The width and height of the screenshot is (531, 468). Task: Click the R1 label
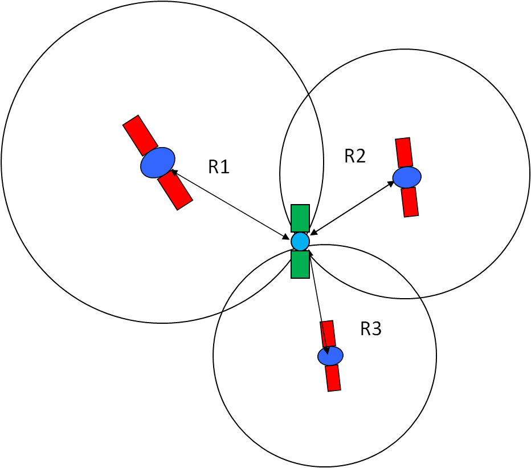[x=219, y=166]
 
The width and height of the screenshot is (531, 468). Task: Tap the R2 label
[x=355, y=156]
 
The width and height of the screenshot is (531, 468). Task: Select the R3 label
[x=371, y=329]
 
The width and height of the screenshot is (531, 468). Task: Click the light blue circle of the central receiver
[x=300, y=241]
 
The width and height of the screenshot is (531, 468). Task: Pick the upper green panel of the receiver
[x=300, y=218]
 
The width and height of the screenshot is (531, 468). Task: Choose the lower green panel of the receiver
[x=300, y=264]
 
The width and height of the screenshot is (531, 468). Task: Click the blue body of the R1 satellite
[x=158, y=162]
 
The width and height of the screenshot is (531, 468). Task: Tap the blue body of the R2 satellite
[x=407, y=177]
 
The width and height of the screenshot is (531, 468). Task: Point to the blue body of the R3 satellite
[x=330, y=356]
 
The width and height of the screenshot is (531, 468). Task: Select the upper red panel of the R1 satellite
[x=140, y=135]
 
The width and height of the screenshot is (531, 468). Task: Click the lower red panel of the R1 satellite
[x=175, y=189]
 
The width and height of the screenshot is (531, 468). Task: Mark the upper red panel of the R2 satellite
[x=404, y=153]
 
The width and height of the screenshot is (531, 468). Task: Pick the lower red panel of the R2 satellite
[x=410, y=202]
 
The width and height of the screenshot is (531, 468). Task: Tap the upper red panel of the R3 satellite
[x=328, y=334]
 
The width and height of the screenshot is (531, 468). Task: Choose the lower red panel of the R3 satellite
[x=333, y=378]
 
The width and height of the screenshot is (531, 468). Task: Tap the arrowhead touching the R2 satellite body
[x=391, y=184]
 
